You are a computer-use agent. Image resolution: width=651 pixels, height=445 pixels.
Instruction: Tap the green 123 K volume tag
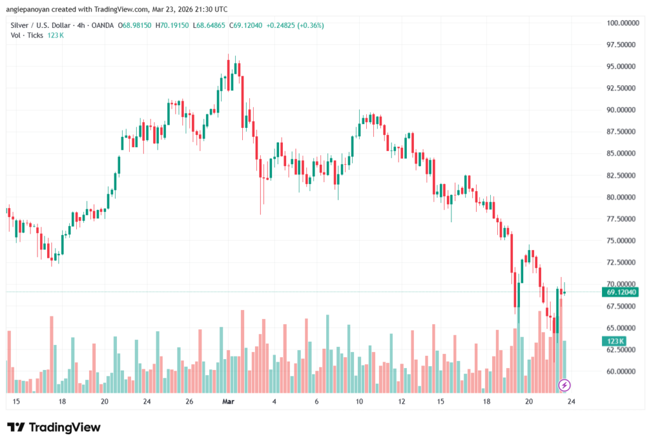pyautogui.click(x=614, y=342)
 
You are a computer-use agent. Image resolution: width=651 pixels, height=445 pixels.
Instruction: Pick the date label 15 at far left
pyautogui.click(x=16, y=402)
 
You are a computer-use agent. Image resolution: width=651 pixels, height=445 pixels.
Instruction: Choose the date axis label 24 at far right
pyautogui.click(x=571, y=402)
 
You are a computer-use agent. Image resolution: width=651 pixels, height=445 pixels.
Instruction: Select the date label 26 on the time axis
pyautogui.click(x=189, y=402)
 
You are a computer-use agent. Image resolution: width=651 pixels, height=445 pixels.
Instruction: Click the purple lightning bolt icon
pyautogui.click(x=564, y=385)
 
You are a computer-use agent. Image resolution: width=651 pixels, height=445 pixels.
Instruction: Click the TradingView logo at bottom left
pyautogui.click(x=53, y=427)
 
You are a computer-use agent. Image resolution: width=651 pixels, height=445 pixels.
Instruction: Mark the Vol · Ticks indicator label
pyautogui.click(x=27, y=35)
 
